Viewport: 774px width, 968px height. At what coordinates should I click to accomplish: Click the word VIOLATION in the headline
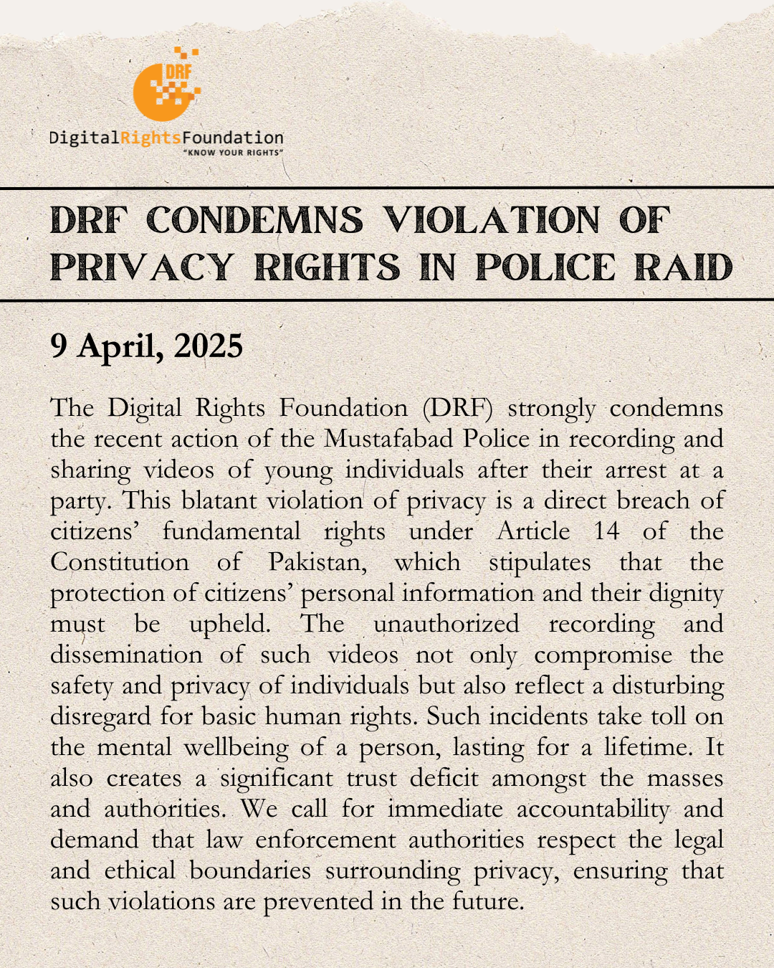[x=491, y=220]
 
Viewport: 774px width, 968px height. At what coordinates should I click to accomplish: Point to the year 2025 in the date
[x=208, y=346]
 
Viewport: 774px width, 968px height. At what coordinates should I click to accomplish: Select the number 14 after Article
[x=606, y=531]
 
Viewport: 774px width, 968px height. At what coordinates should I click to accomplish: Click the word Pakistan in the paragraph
[x=317, y=562]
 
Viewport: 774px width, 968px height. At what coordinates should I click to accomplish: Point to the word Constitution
[x=120, y=562]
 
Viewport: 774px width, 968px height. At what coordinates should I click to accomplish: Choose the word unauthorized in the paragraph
[x=446, y=624]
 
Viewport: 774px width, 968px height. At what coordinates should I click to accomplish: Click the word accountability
[x=593, y=809]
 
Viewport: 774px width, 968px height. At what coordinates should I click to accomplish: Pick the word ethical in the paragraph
[x=140, y=870]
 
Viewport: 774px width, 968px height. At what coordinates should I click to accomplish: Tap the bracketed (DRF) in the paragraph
[x=457, y=408]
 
